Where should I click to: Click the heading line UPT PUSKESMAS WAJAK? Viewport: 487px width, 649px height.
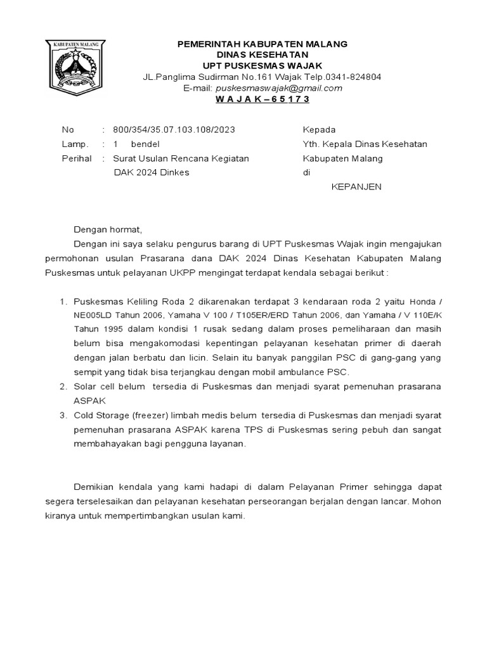click(x=262, y=66)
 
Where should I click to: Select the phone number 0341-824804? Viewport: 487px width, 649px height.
click(x=358, y=77)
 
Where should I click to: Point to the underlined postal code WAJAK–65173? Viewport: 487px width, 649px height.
click(x=263, y=100)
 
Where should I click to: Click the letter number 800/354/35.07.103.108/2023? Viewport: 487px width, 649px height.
click(x=174, y=129)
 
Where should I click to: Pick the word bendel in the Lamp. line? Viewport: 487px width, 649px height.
click(x=145, y=144)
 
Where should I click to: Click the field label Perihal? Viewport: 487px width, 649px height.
click(x=76, y=158)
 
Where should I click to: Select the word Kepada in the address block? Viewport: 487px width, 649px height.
click(x=320, y=129)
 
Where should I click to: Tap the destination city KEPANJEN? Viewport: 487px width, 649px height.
click(x=357, y=187)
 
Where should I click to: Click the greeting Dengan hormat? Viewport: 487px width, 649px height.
click(x=108, y=229)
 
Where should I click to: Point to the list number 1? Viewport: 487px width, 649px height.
click(x=62, y=301)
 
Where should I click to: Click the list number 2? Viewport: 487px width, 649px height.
click(x=62, y=387)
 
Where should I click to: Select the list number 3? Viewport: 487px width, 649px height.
click(x=62, y=416)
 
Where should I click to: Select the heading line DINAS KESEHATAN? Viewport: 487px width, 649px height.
click(x=262, y=55)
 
